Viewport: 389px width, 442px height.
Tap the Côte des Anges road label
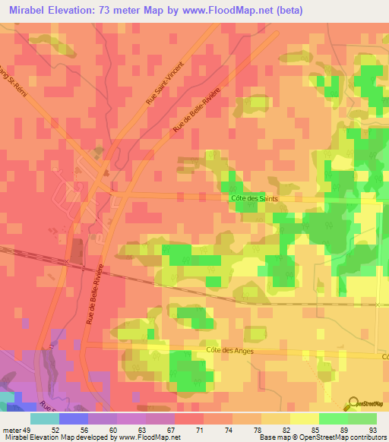229,350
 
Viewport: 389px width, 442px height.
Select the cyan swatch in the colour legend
45,418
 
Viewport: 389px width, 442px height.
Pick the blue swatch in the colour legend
74,418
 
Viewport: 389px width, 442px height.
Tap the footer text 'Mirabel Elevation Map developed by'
56,437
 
